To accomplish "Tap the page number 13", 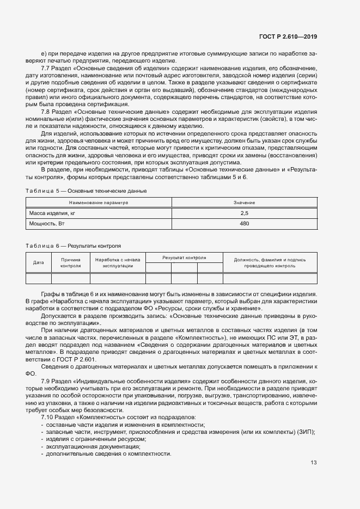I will click(x=314, y=463).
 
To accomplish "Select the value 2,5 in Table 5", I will click(x=244, y=213).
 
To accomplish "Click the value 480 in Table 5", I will click(x=244, y=224).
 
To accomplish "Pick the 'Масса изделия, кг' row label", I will click(x=52, y=213).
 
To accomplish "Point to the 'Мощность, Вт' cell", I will click(x=47, y=224).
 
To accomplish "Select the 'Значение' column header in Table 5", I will click(x=244, y=203).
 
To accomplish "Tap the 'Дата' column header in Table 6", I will click(x=39, y=262).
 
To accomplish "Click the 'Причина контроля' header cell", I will click(x=71, y=263).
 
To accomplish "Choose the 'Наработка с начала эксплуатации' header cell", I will click(x=118, y=263).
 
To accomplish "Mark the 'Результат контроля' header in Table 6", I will click(x=184, y=257).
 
